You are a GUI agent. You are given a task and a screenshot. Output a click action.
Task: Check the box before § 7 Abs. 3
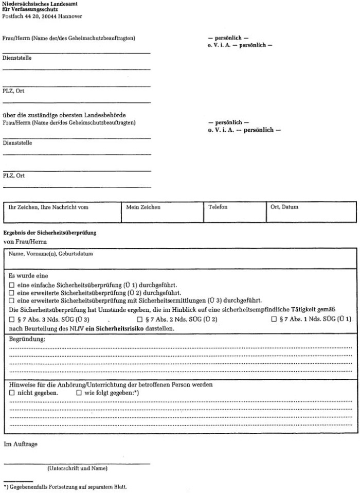point(12,320)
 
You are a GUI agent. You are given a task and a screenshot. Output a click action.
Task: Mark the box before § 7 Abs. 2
point(139,320)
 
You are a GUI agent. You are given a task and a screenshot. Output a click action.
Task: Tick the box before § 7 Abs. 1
point(274,320)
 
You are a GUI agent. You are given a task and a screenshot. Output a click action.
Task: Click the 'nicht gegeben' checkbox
point(12,393)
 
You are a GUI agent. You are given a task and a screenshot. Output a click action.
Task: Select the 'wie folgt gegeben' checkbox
point(79,393)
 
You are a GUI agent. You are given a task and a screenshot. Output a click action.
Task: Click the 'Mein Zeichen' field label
point(143,207)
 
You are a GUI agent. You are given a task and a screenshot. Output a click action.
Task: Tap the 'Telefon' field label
point(218,207)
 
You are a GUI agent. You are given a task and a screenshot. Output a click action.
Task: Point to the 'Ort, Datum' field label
point(284,207)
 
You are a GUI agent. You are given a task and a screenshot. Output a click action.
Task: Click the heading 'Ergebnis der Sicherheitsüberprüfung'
point(49,233)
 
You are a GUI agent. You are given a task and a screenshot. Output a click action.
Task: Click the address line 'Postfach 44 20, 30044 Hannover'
point(42,16)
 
